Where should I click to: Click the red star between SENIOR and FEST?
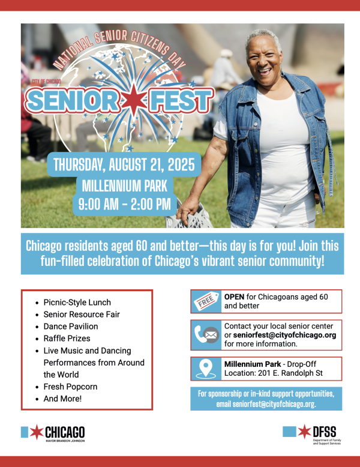134,100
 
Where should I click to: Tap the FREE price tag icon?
206,301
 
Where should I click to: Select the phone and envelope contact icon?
206,335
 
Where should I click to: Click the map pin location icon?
206,369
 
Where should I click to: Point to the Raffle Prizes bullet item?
67,339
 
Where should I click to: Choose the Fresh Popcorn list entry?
70,387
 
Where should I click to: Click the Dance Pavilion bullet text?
71,327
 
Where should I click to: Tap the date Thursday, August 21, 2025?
124,164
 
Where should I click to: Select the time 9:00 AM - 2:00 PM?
125,204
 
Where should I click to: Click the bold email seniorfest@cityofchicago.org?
284,335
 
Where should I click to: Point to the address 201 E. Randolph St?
290,373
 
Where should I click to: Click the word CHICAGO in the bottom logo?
65,432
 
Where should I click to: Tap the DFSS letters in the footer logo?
324,432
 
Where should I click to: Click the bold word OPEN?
235,297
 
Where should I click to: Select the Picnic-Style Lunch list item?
77,303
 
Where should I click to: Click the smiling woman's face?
264,61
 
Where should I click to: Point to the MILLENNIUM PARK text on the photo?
124,186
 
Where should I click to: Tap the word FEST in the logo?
181,100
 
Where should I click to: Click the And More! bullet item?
62,399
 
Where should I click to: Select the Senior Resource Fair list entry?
82,315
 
